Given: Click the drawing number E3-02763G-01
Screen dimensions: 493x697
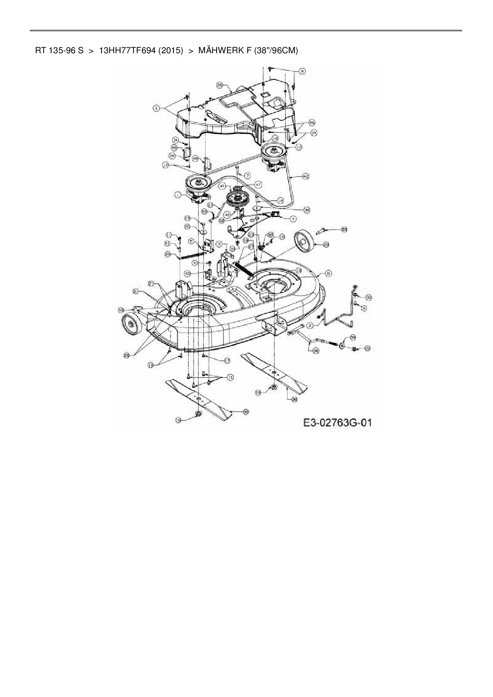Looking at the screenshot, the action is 338,422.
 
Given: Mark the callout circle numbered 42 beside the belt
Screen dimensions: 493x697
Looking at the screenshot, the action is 306,176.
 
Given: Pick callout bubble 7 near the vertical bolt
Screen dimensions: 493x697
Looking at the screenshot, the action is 247,175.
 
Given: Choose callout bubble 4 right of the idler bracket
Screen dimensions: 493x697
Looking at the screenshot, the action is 293,218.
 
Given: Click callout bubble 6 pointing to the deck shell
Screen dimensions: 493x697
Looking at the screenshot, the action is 328,273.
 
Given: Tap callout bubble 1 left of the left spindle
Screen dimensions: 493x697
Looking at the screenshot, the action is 178,195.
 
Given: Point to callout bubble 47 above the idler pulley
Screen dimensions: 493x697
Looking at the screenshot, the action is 258,184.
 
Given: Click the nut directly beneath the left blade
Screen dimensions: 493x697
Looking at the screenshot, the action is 198,415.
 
